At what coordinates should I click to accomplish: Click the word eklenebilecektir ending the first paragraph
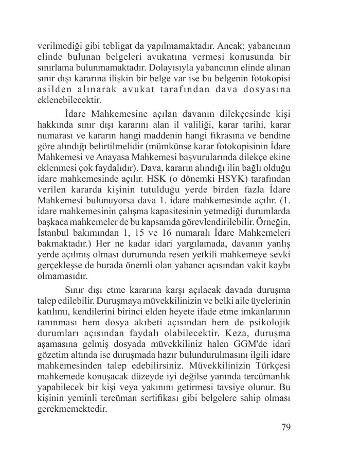click(69, 101)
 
